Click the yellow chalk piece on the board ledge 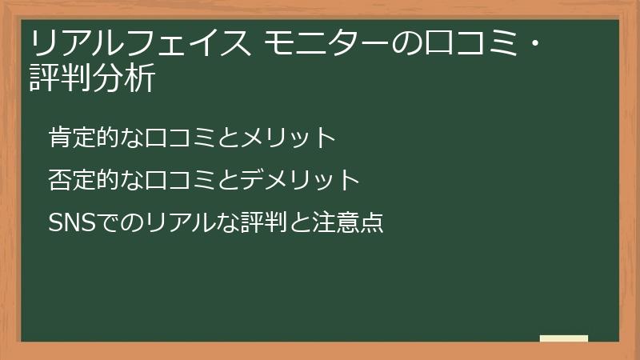pyautogui.click(x=563, y=338)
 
